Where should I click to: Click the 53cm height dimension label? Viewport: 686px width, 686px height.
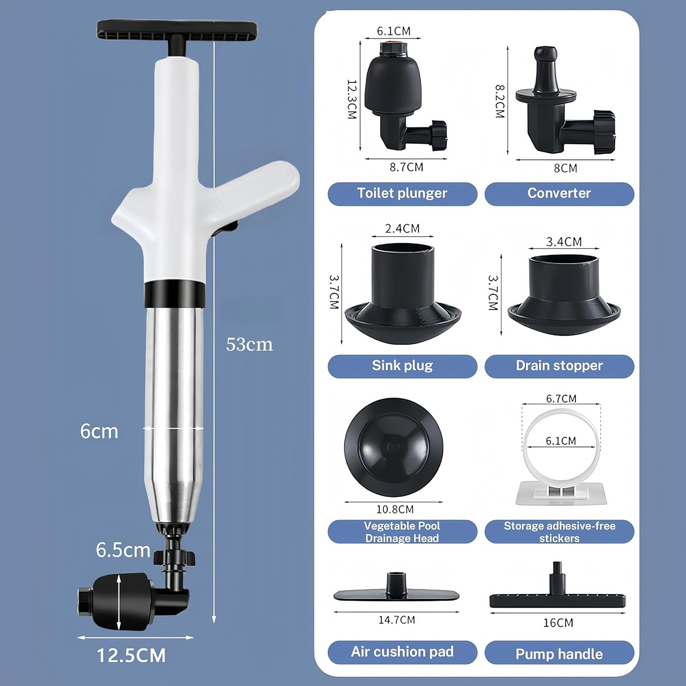(249, 344)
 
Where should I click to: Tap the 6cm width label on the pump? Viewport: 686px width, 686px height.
(99, 431)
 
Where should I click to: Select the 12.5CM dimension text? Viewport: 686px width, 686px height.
(131, 655)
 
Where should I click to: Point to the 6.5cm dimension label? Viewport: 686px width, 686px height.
(123, 550)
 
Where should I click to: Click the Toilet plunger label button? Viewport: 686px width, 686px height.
(402, 193)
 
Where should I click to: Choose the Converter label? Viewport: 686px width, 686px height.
(559, 193)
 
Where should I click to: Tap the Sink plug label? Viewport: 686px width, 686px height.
(402, 366)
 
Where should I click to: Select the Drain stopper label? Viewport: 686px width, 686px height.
(559, 366)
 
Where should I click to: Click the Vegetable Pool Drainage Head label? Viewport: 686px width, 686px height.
(402, 532)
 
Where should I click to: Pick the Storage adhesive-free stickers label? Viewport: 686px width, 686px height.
(559, 532)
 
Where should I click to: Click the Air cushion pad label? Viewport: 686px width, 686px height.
(402, 652)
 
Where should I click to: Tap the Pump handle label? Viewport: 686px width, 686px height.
(559, 654)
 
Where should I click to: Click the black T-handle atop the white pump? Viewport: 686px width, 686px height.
(177, 31)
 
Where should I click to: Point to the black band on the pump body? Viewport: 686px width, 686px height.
(174, 294)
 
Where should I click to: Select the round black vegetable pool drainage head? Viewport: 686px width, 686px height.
(393, 447)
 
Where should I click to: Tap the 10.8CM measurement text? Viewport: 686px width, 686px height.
(395, 509)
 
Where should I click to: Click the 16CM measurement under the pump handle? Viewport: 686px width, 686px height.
(558, 623)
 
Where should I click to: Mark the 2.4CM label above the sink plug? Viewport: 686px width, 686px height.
(402, 228)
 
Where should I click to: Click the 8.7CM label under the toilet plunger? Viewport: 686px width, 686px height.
(406, 167)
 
